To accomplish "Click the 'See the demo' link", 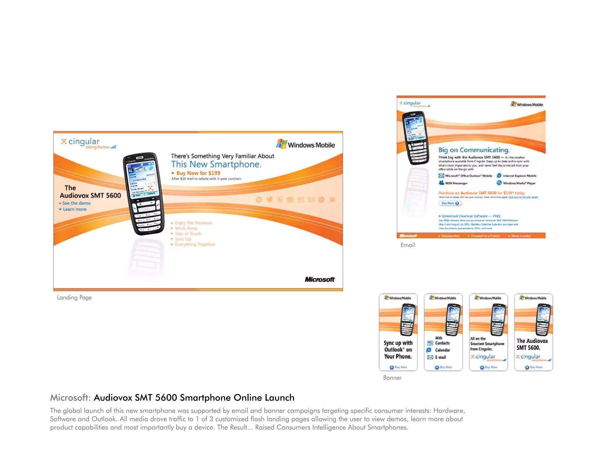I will coord(76,203).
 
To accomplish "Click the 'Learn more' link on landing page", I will coord(74,209).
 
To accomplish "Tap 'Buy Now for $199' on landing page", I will coord(198,173).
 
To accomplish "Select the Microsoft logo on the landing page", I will coord(320,279).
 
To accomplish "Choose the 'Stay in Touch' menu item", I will coord(188,234).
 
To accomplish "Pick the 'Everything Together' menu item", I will coord(195,244).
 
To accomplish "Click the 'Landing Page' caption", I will coord(74,297).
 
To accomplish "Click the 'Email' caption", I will coord(407,245).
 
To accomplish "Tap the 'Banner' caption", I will coord(392,378).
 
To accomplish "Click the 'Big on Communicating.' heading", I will coord(474,150).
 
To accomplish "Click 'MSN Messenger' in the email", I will coord(456,183).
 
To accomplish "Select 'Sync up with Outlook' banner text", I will coord(398,349).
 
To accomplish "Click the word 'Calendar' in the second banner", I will coord(442,350).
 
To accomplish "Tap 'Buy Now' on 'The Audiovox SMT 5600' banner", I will coord(534,367).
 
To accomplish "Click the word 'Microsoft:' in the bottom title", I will coord(70,398).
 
